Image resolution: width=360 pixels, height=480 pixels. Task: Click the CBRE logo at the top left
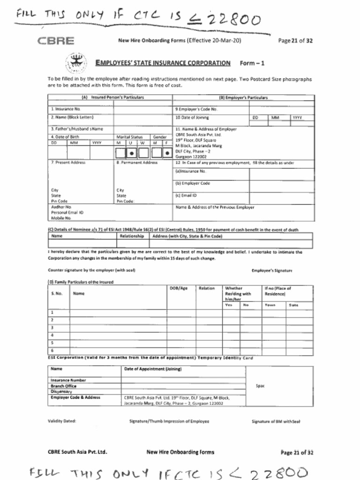tap(56, 41)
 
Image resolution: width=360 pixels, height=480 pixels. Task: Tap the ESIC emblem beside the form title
tap(74, 63)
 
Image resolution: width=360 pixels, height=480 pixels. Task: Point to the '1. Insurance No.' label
tap(62, 109)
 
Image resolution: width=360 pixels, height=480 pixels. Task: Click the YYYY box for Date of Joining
tap(303, 118)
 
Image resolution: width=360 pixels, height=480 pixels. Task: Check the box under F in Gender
tap(168, 153)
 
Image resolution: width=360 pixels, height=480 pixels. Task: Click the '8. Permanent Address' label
tap(137, 163)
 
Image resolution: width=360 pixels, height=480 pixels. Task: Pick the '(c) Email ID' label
tap(186, 195)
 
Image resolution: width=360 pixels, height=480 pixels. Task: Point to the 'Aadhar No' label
tap(61, 206)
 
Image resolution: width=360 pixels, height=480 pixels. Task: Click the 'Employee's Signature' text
tap(272, 270)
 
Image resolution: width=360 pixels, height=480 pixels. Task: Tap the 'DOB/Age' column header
tap(178, 288)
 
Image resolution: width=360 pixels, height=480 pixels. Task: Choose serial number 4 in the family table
tap(52, 335)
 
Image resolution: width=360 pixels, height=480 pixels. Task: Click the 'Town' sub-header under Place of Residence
tap(270, 305)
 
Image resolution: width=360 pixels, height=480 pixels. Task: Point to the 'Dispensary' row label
tap(61, 391)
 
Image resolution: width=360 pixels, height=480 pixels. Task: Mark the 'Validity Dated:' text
tap(62, 421)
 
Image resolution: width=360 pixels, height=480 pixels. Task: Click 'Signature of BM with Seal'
tap(275, 421)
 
